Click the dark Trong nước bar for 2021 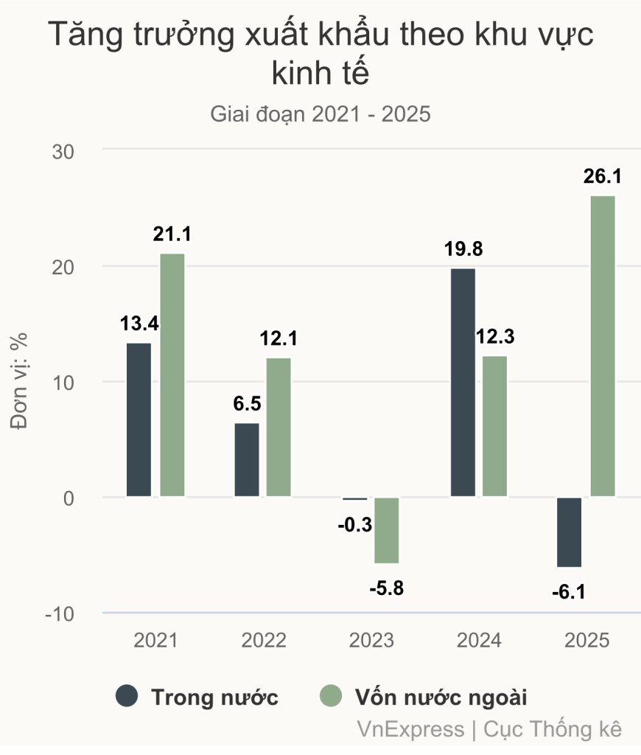coord(139,420)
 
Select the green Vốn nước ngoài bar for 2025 coord(602,346)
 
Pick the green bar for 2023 coord(387,530)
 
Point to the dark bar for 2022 coord(247,460)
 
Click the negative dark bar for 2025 coord(569,532)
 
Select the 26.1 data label coord(602,177)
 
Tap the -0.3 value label coord(354,526)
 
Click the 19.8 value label coord(463,249)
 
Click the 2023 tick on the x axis coord(371,640)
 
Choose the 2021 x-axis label coord(155,640)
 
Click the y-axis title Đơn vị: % coord(20,380)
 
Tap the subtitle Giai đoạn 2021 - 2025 coord(320,114)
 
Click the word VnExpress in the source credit coord(409,729)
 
